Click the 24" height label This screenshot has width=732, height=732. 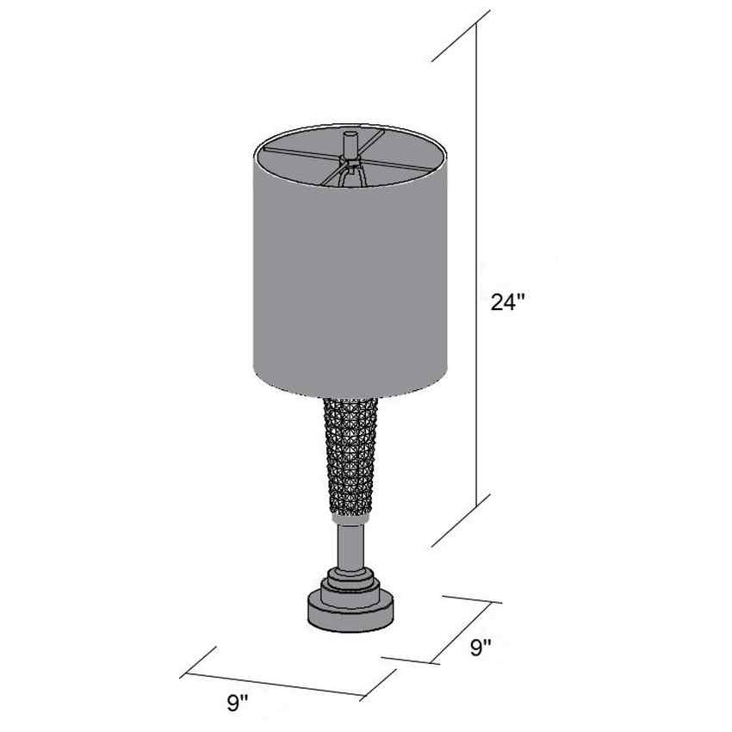508,302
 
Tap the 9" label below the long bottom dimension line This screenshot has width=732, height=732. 238,703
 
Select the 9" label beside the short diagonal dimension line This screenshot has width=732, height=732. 481,648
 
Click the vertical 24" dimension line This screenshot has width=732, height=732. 476,264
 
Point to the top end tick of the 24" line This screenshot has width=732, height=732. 461,36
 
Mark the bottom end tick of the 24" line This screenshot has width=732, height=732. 461,520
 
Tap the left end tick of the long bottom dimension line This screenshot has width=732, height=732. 198,662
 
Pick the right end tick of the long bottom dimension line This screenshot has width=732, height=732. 378,685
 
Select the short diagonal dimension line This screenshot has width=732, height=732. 462,632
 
